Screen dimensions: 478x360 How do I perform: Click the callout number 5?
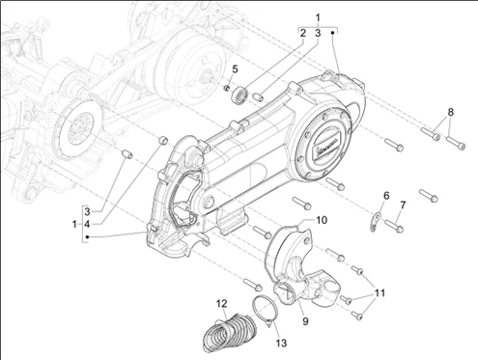[235, 69]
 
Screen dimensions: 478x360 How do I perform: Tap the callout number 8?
[450, 112]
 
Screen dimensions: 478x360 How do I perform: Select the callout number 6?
[386, 195]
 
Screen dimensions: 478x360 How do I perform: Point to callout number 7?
[403, 205]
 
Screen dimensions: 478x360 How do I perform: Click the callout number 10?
[322, 220]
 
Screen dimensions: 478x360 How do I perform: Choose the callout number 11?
[380, 293]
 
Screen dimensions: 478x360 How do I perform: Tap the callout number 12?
[221, 303]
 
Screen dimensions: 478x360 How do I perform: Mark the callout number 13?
[281, 343]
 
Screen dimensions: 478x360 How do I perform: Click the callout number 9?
[305, 320]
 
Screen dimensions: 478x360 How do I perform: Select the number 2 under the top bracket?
[302, 33]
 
